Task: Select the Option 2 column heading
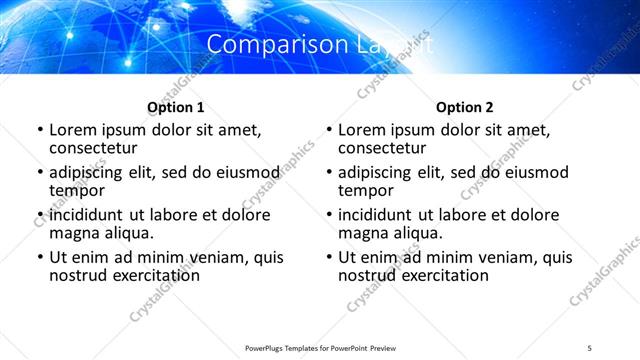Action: pos(465,107)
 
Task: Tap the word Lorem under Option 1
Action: pos(72,130)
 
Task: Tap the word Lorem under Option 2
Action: pos(362,130)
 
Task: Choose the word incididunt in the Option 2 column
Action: pos(383,215)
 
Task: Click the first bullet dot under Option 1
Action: pos(39,131)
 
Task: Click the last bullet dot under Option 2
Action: pos(329,258)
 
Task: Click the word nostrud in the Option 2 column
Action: pos(367,275)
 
